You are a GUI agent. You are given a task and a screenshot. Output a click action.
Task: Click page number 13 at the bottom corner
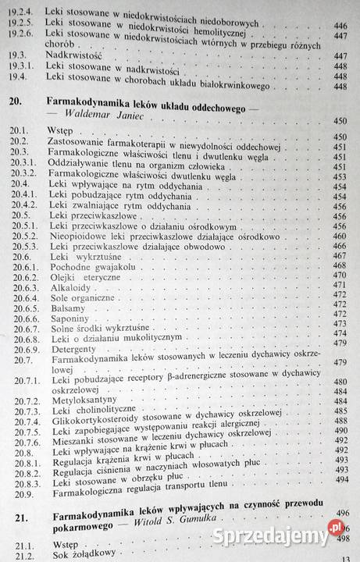(x=347, y=557)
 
